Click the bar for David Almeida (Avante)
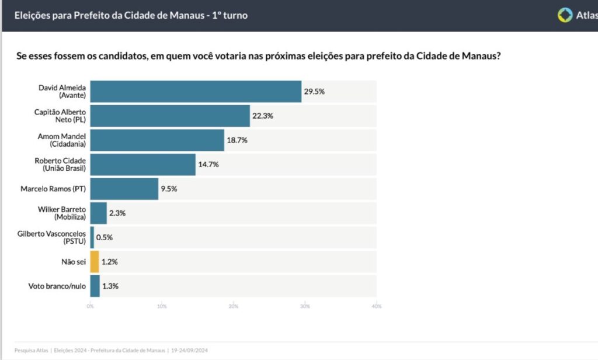[x=196, y=92]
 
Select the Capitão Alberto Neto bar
[x=170, y=116]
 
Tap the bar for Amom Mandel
[x=157, y=140]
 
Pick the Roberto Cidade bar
[x=142, y=165]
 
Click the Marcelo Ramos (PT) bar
[x=124, y=189]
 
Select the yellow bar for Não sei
[x=95, y=261]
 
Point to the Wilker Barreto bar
[x=98, y=213]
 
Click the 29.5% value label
[x=314, y=92]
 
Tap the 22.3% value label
[x=263, y=116]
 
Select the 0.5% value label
[x=105, y=237]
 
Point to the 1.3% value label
[x=110, y=286]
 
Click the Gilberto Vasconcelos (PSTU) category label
[x=51, y=237]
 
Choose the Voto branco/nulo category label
[x=57, y=286]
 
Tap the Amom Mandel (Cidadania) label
[x=62, y=140]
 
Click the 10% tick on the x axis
[x=162, y=306]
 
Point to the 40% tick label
[x=377, y=306]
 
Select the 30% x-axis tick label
[x=305, y=306]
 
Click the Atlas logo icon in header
[x=565, y=15]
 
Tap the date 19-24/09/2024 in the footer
[x=190, y=351]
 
